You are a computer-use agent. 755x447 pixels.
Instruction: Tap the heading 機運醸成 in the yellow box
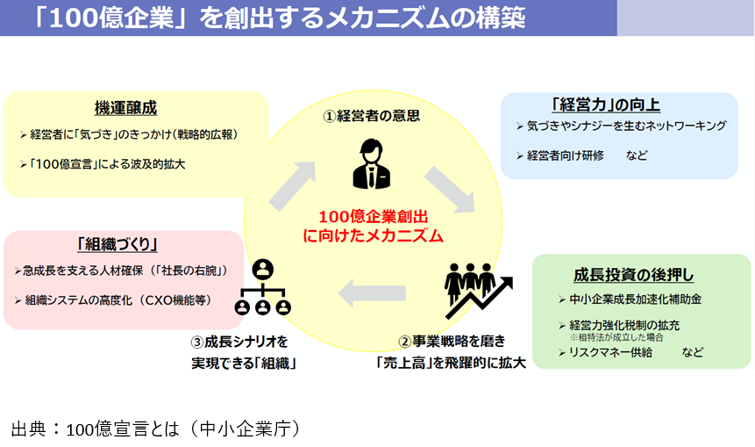tap(125, 109)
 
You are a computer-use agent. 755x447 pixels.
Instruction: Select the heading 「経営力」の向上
tap(606, 105)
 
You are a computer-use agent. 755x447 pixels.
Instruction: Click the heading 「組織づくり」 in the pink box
tap(123, 244)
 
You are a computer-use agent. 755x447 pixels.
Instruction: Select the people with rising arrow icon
tap(477, 290)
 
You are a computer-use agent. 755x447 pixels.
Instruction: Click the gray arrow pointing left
tap(371, 292)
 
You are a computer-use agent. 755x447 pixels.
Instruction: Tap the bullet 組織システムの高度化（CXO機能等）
tap(116, 299)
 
